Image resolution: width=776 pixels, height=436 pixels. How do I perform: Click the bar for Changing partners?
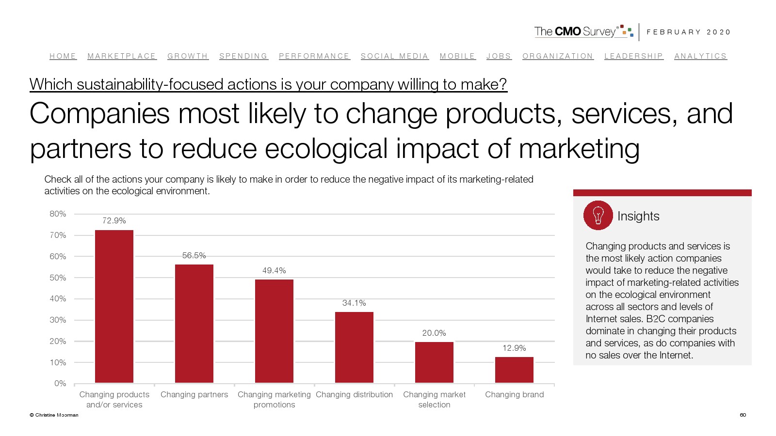click(x=194, y=324)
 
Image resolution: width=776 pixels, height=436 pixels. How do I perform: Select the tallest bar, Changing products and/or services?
click(x=114, y=306)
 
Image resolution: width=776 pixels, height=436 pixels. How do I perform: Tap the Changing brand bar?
click(x=514, y=370)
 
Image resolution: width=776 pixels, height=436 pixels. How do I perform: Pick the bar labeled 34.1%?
click(x=354, y=347)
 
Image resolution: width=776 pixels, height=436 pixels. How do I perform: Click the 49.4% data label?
click(x=274, y=270)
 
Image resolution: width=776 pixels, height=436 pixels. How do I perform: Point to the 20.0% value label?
click(x=434, y=333)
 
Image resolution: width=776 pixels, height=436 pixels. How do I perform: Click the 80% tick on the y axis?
click(x=58, y=214)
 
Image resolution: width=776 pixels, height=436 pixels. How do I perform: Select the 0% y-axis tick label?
click(x=60, y=383)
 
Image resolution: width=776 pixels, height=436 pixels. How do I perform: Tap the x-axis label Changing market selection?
click(x=434, y=400)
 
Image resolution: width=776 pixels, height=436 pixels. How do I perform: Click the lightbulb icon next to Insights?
click(x=598, y=215)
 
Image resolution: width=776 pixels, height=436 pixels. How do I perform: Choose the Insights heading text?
click(x=638, y=216)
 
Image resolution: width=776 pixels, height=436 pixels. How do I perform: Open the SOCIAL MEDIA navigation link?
click(x=394, y=56)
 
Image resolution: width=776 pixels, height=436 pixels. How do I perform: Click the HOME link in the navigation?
click(x=63, y=56)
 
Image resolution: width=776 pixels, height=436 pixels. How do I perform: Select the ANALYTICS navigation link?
click(x=700, y=56)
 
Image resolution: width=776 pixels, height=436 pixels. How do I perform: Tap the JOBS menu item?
click(x=499, y=56)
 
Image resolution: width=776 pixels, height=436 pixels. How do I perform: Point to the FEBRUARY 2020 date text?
click(x=688, y=32)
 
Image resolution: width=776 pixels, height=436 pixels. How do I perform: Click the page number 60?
click(x=743, y=415)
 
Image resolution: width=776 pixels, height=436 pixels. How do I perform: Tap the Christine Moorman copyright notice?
click(x=54, y=415)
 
